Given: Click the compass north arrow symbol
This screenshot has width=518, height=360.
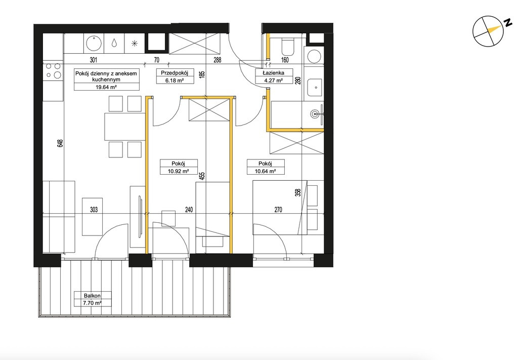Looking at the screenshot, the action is (x=488, y=31).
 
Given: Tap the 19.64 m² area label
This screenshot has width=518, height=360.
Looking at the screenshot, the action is (x=106, y=87).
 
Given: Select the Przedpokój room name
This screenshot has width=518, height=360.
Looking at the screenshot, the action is (x=175, y=73).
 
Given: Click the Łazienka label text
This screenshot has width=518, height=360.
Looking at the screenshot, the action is (x=273, y=73).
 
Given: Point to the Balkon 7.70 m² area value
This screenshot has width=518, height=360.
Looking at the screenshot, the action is (x=92, y=303).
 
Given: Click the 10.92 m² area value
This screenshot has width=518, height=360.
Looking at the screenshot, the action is (x=179, y=171).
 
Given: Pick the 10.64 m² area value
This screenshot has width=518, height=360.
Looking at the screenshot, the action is (x=265, y=171).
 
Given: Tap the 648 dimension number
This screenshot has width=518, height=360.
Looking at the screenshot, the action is (x=60, y=143).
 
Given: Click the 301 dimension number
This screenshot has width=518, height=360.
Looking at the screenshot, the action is (x=94, y=60).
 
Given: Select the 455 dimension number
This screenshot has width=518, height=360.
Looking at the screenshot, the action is (x=202, y=177).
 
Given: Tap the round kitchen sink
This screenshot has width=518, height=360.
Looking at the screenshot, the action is (x=94, y=44).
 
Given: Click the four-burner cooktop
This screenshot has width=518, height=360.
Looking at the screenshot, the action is (x=53, y=70).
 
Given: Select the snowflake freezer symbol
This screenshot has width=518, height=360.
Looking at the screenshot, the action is (x=134, y=43).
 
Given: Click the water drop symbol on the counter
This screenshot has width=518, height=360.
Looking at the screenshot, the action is (x=114, y=43).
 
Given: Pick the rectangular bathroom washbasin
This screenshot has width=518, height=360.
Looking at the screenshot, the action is (x=314, y=87).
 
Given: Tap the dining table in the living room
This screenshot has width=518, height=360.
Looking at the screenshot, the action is (x=125, y=127).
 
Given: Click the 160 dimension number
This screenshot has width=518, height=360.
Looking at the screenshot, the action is (x=285, y=60).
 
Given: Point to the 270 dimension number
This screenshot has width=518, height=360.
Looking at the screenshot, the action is (x=278, y=210).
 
